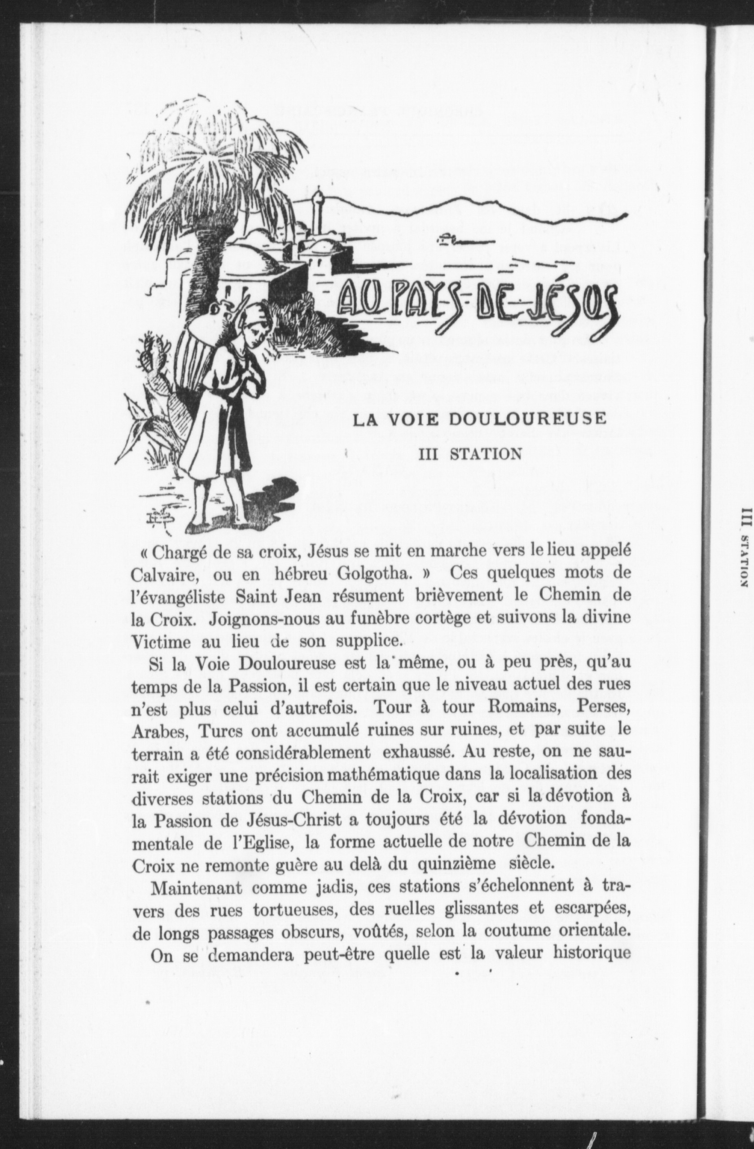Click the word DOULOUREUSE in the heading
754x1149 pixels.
tap(526, 419)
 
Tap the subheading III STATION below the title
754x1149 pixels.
tap(470, 454)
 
